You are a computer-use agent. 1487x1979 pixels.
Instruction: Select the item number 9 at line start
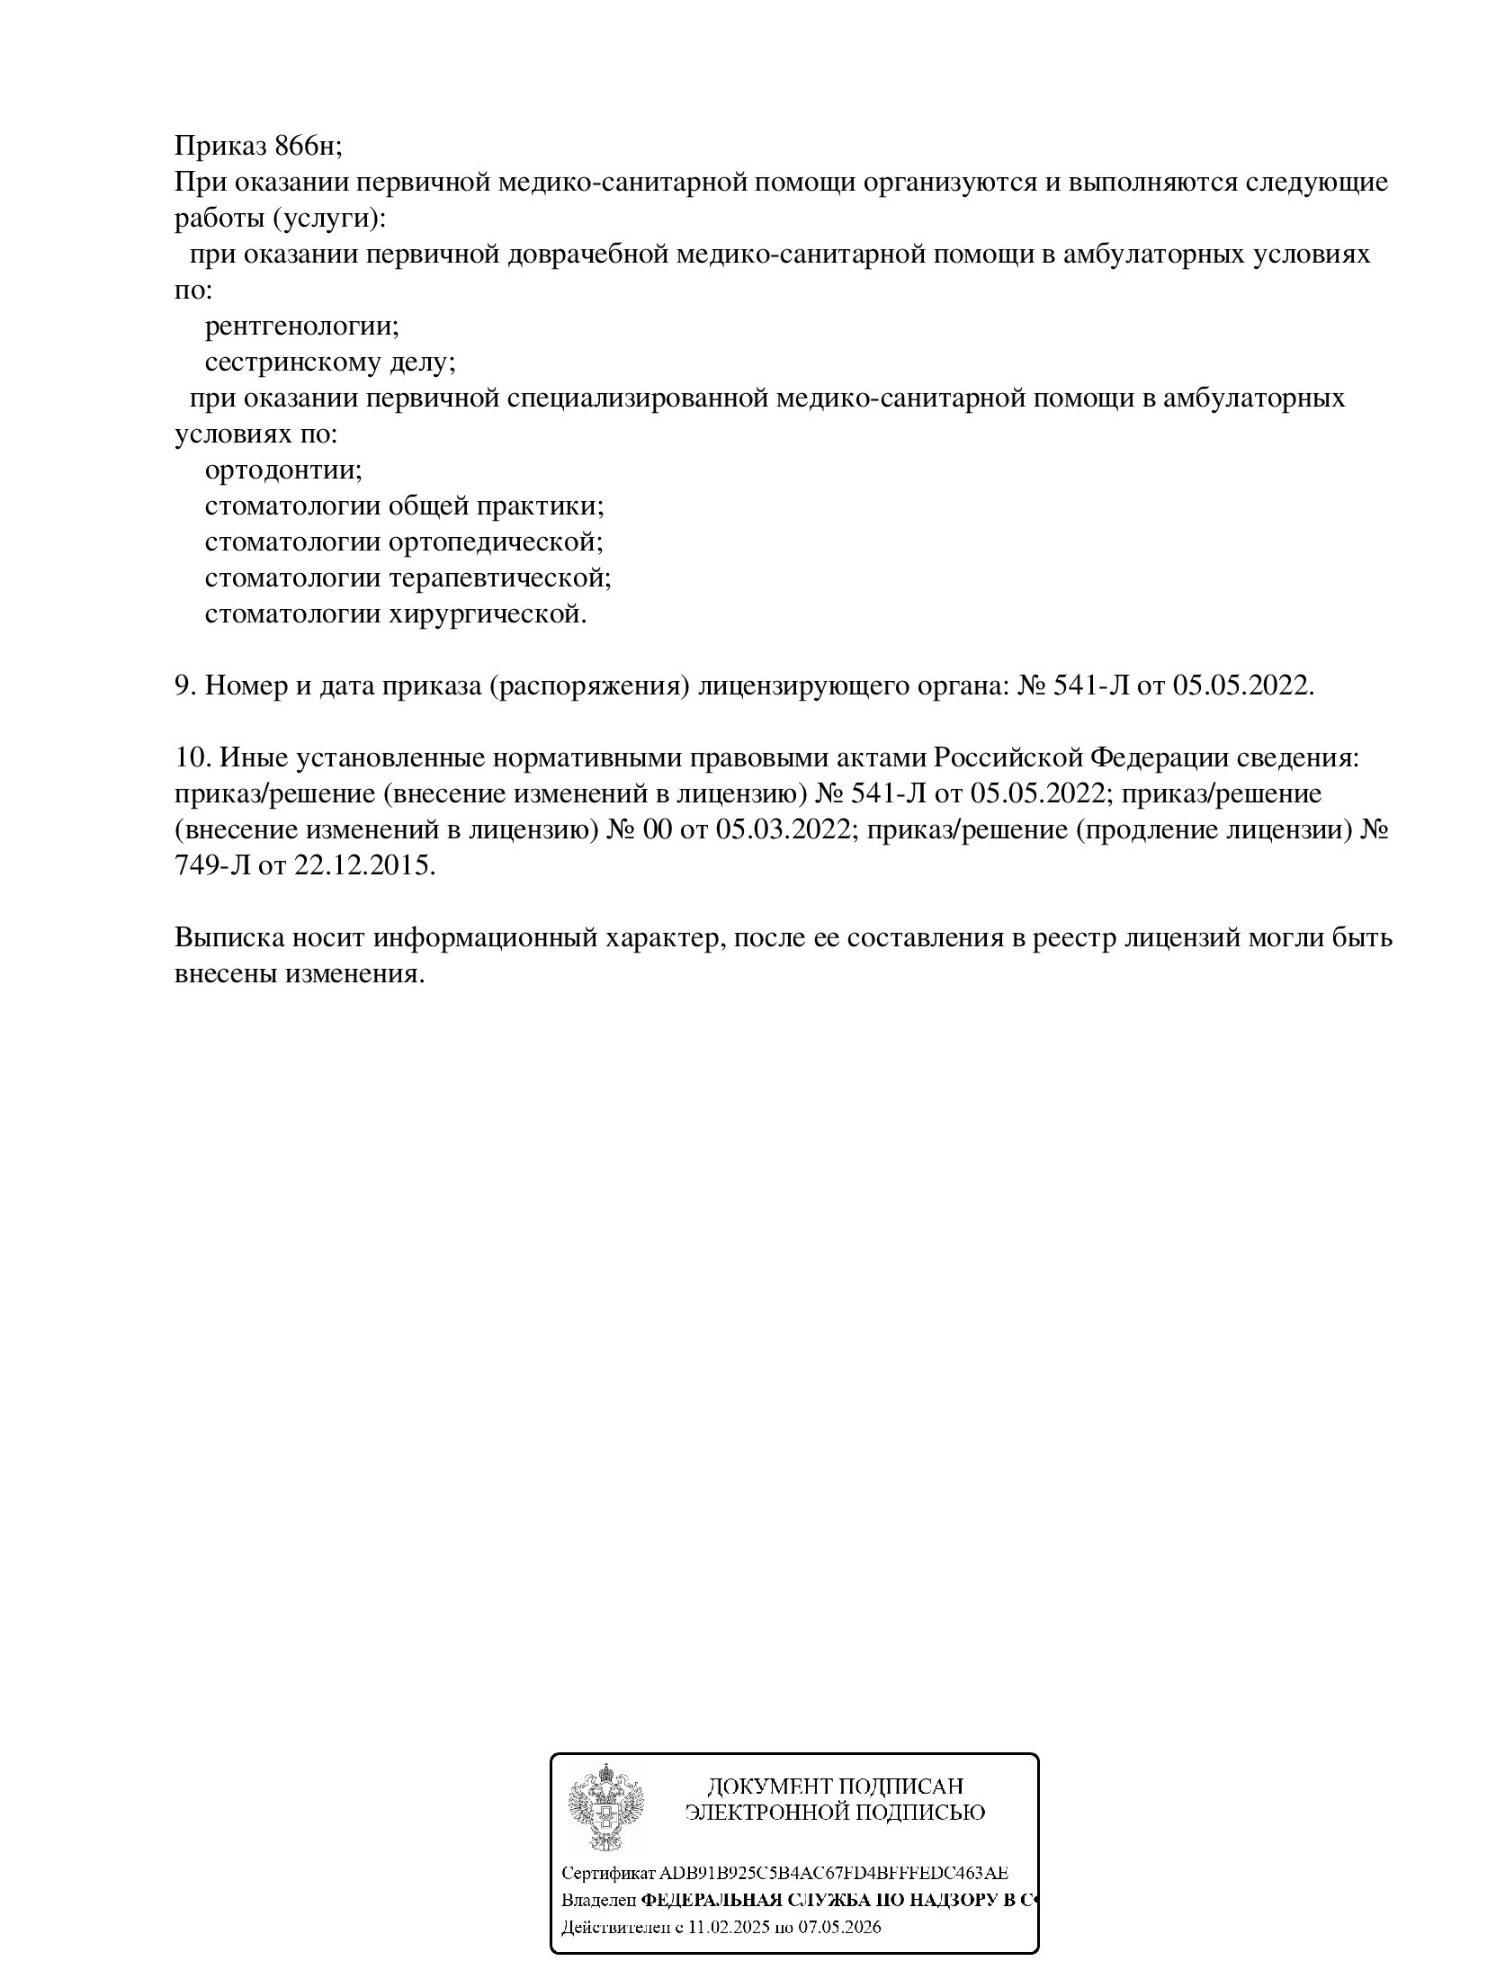(x=183, y=685)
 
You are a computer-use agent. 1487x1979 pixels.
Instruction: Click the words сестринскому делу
(x=330, y=362)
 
